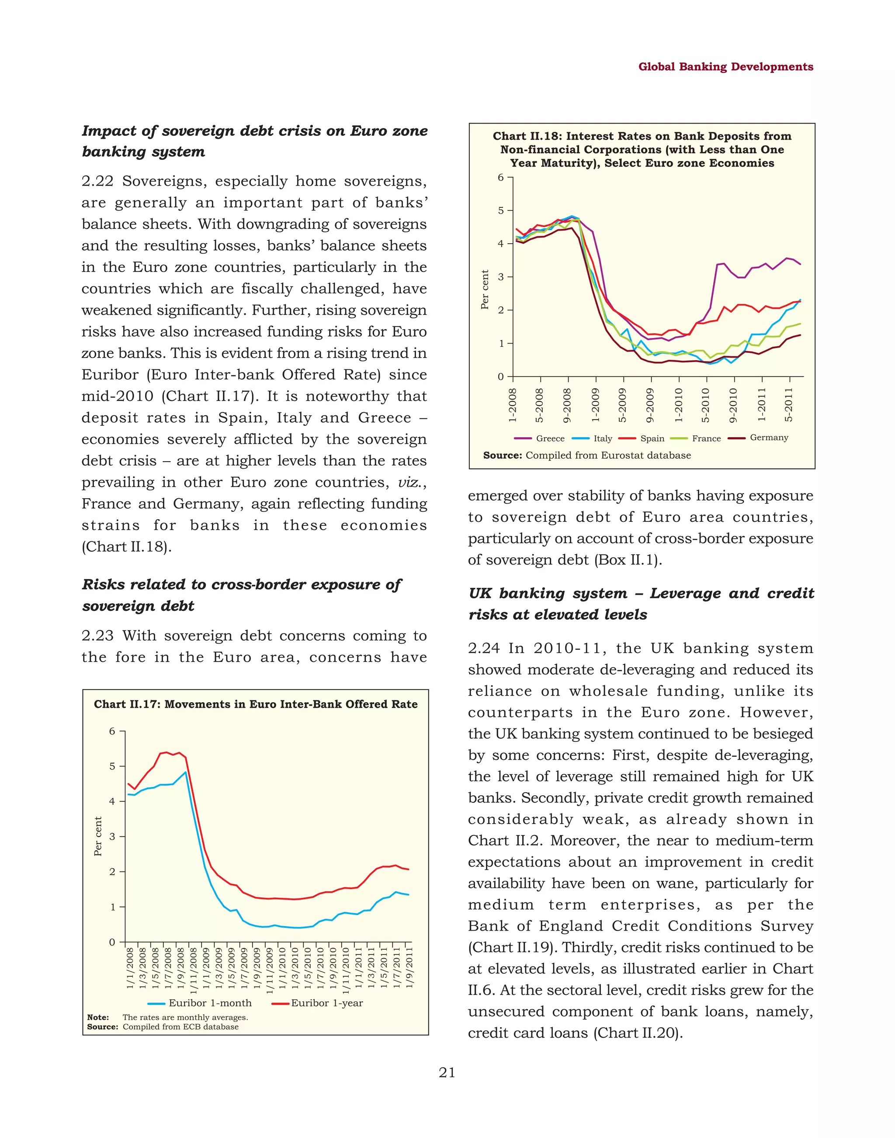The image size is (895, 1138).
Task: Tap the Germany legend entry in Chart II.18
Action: pos(769,437)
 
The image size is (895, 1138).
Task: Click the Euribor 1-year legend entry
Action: pos(326,1003)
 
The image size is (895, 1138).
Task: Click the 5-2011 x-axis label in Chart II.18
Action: pos(789,405)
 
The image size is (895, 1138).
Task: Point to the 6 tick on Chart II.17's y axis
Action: pos(112,731)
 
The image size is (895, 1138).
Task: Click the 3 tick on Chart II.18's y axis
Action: pos(501,277)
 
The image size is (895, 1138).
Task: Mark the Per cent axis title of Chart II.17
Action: pos(98,836)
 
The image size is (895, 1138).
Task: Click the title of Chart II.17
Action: pos(256,704)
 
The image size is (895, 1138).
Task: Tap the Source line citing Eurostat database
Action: pos(587,455)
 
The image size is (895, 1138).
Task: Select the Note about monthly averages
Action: pos(168,1017)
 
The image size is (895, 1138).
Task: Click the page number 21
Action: pos(447,1072)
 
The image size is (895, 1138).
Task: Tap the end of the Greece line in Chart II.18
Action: pos(800,264)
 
